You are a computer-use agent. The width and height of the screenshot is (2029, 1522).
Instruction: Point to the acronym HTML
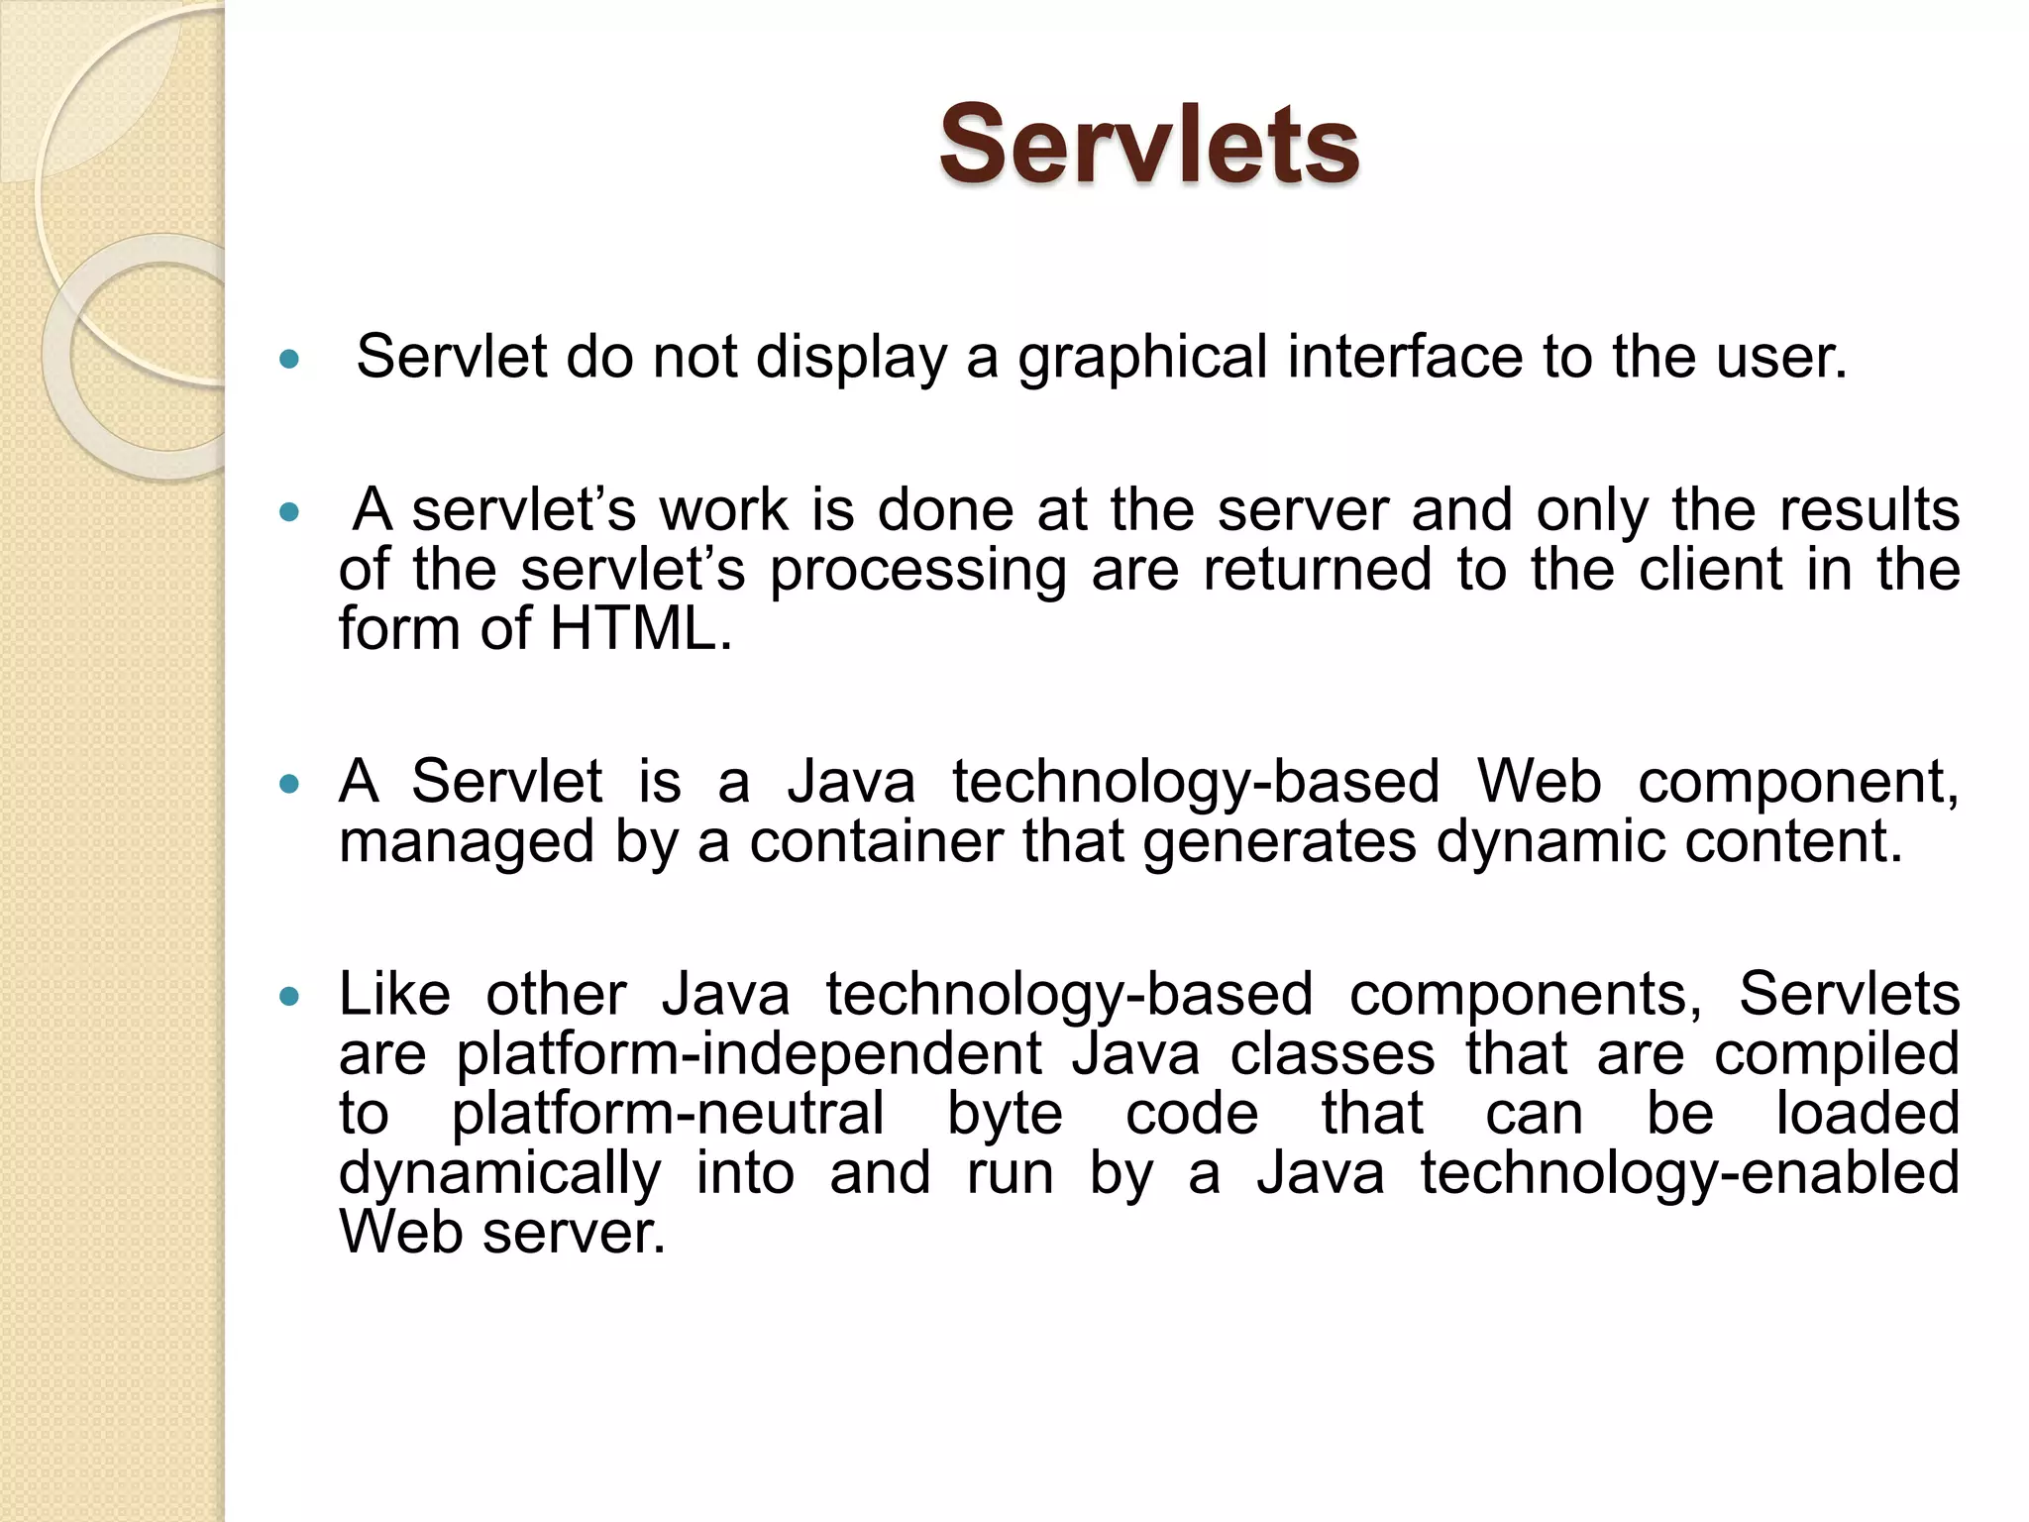click(641, 629)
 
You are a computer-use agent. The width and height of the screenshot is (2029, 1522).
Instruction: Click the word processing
click(918, 572)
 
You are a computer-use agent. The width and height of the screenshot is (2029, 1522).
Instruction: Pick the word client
click(1710, 570)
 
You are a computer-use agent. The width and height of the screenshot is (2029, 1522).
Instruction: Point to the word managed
click(467, 843)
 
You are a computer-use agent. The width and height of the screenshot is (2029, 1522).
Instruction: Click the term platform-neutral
click(668, 1114)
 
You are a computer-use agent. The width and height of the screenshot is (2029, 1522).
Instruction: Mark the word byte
click(1005, 1114)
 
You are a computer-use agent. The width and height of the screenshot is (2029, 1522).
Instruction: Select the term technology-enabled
click(1689, 1173)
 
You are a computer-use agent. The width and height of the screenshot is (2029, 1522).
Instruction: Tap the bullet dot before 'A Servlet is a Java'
click(289, 784)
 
